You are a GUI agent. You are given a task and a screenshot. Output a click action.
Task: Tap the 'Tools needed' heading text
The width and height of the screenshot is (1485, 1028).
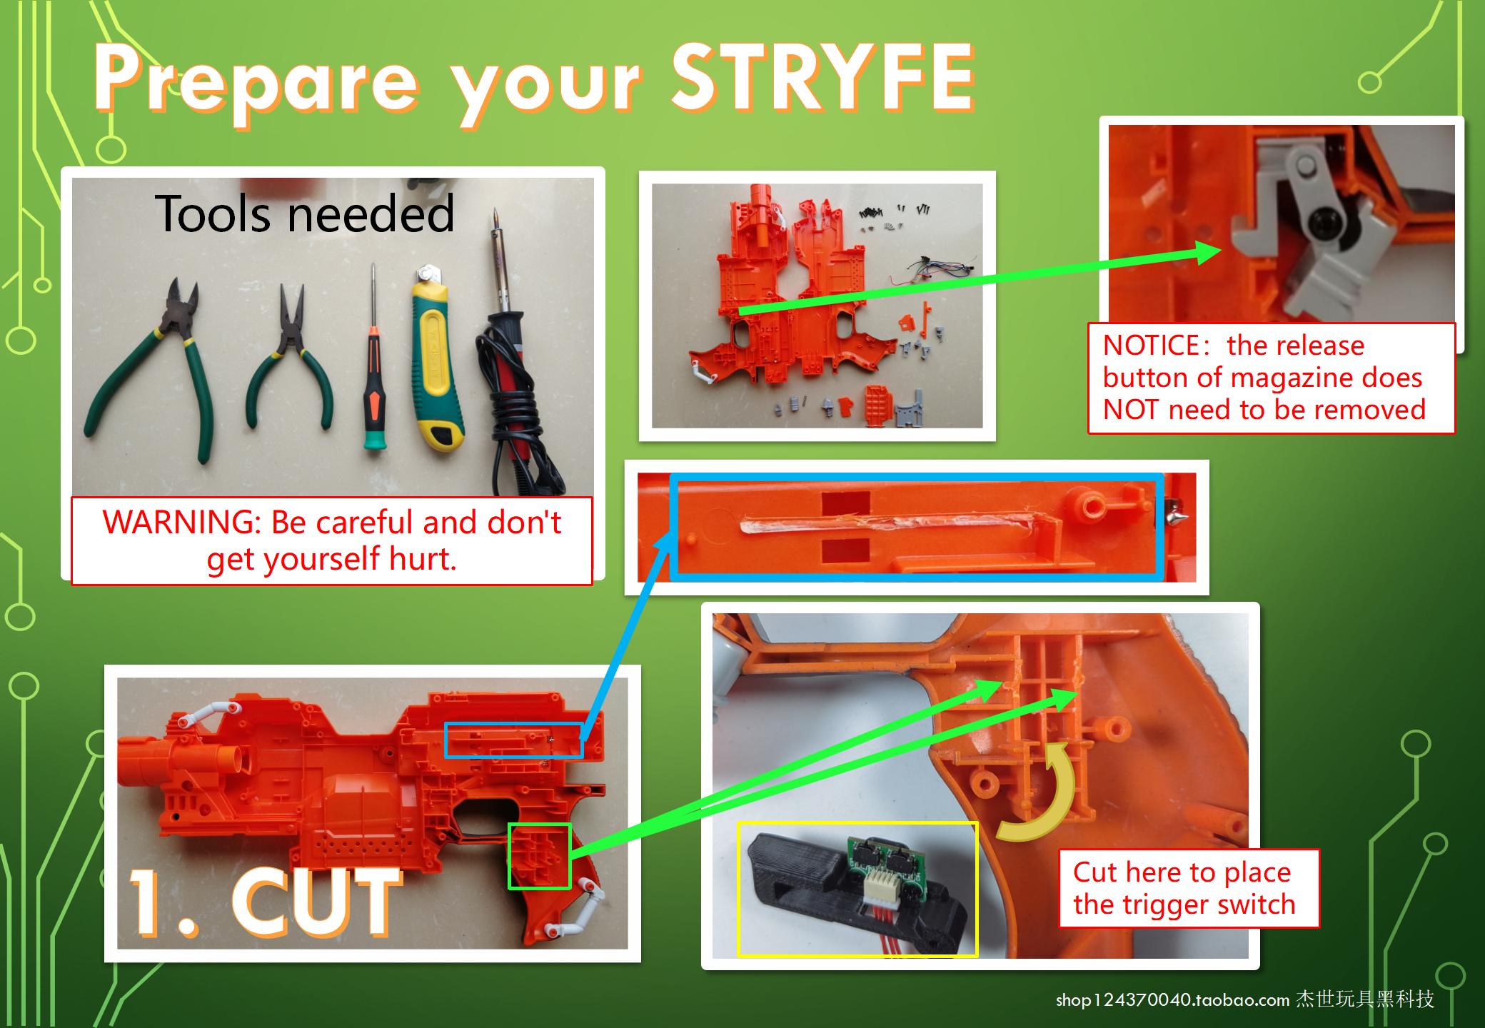tap(305, 213)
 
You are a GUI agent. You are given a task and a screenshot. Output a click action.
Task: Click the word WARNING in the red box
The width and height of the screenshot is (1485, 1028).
tap(181, 523)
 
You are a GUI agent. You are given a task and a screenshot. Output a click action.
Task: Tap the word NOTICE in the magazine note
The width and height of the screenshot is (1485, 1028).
tap(1150, 346)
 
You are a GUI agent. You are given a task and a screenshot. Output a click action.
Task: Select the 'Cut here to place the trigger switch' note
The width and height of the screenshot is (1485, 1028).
tap(1188, 888)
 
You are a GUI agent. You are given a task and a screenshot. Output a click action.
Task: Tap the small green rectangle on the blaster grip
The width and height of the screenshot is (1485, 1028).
tap(539, 856)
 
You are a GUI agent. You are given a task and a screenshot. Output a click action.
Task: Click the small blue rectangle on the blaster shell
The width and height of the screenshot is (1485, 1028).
tap(514, 740)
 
